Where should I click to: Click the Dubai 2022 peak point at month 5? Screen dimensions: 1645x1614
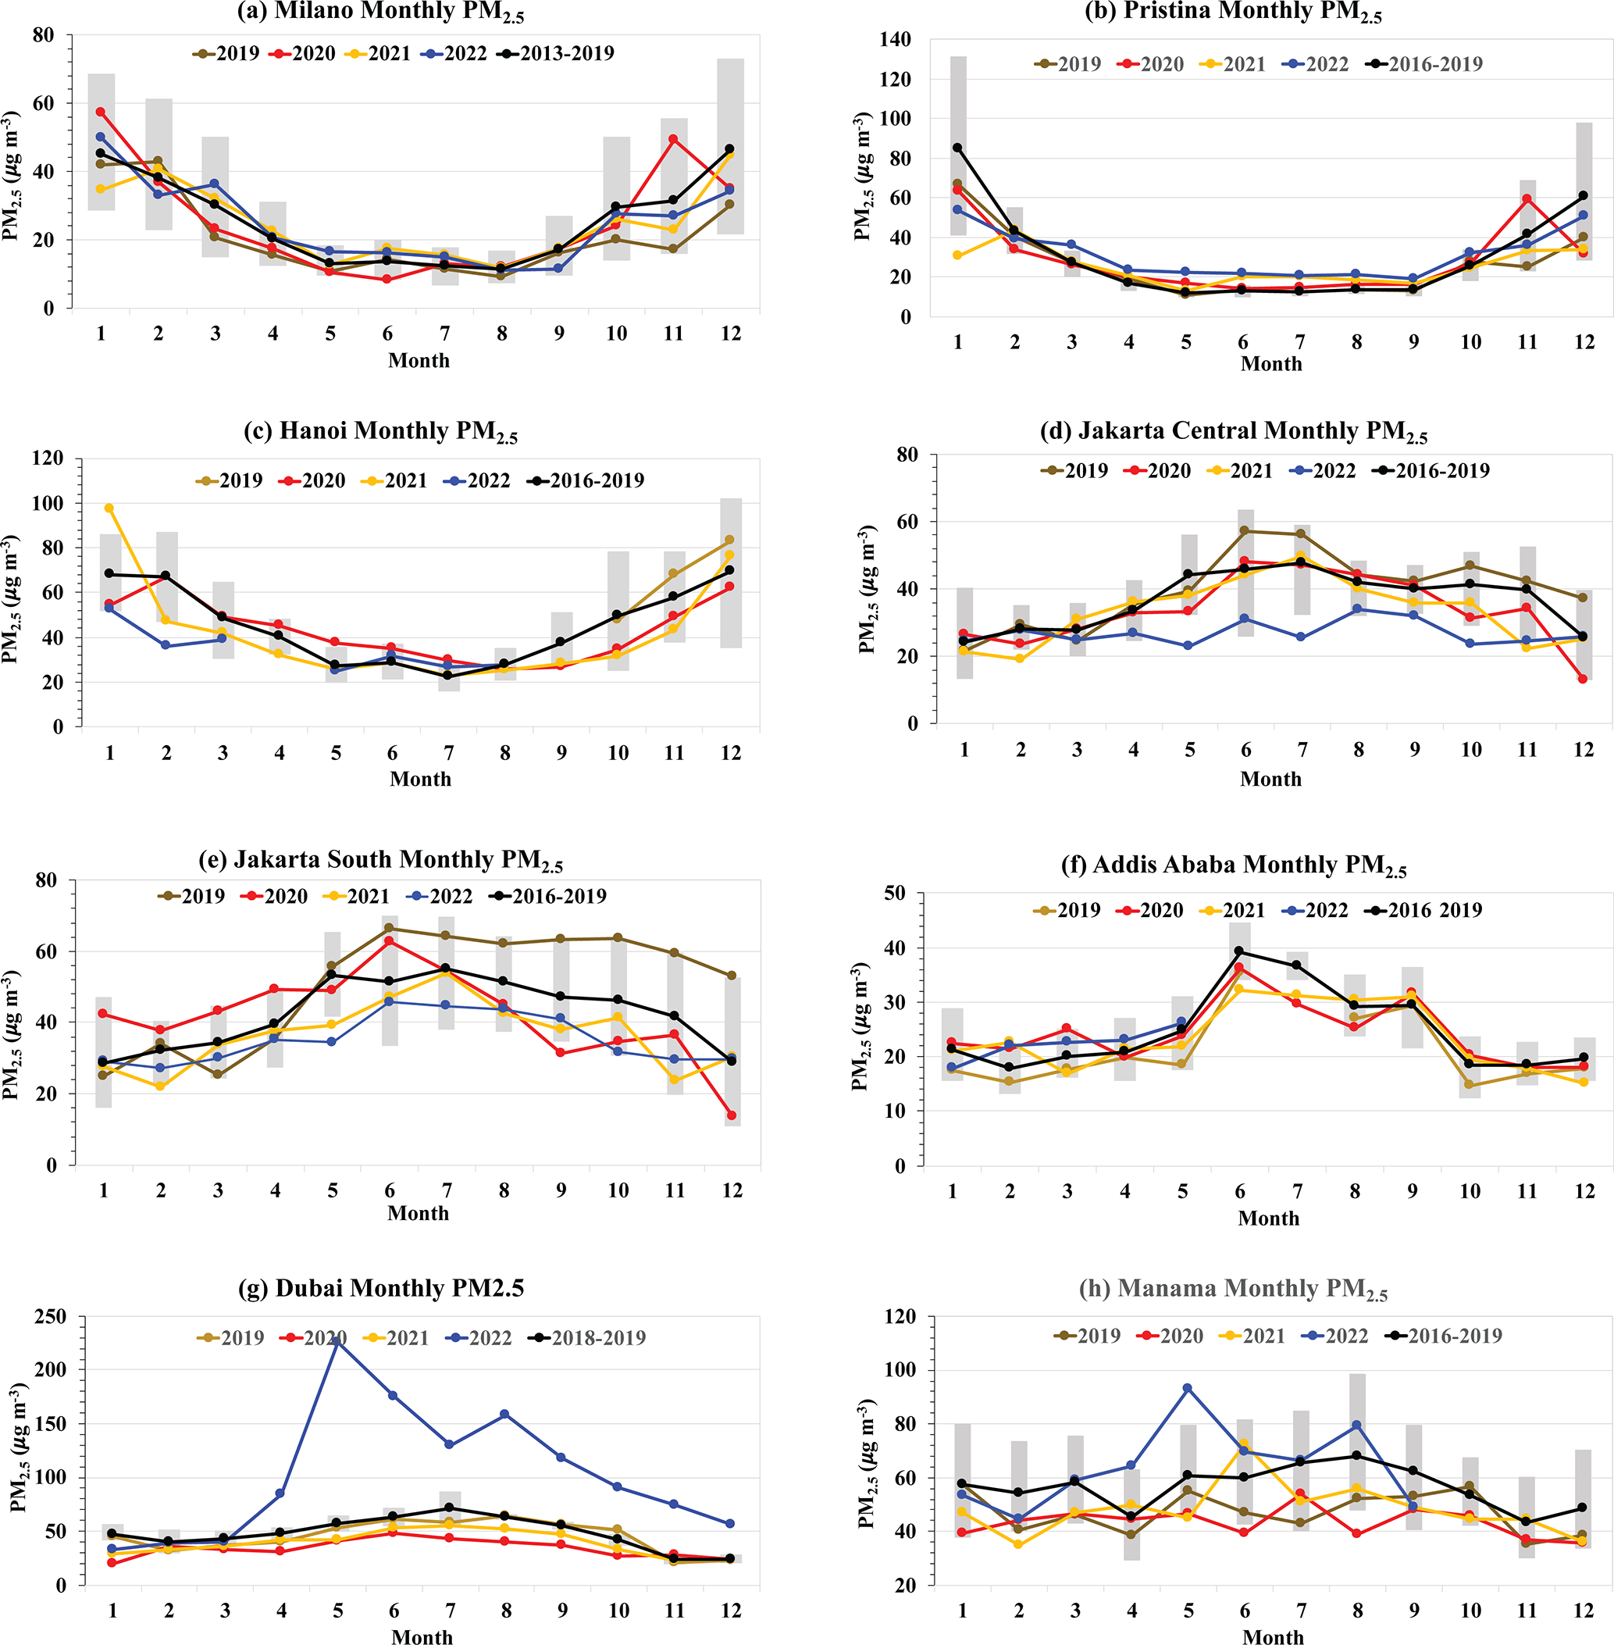pyautogui.click(x=337, y=1341)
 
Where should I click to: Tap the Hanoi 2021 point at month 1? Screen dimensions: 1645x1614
pyautogui.click(x=109, y=508)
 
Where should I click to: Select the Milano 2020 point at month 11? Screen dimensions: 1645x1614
pyautogui.click(x=673, y=139)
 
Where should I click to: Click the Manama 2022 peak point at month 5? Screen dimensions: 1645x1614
pyautogui.click(x=1188, y=1389)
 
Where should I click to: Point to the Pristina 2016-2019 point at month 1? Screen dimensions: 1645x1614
pyautogui.click(x=958, y=148)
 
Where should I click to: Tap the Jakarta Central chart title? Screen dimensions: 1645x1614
pyautogui.click(x=1234, y=432)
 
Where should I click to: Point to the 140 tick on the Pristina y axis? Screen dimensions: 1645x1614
pyautogui.click(x=895, y=39)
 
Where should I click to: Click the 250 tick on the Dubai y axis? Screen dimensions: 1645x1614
pyautogui.click(x=50, y=1317)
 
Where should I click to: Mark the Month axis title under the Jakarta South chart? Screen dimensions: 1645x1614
pyautogui.click(x=418, y=1213)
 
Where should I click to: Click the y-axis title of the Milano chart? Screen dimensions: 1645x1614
pyautogui.click(x=11, y=175)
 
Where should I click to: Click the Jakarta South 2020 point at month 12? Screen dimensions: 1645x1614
pyautogui.click(x=731, y=1115)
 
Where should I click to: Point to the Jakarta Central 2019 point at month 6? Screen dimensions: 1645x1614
pyautogui.click(x=1245, y=531)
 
